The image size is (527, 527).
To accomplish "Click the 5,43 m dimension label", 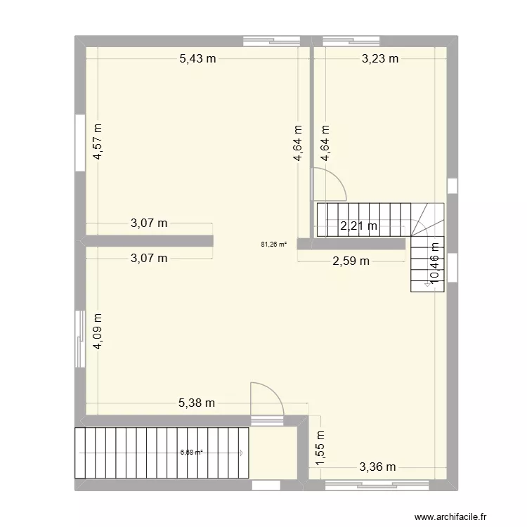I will [197, 59].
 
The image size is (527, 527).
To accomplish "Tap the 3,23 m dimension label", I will [380, 59].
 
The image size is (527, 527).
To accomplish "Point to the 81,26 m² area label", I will [273, 245].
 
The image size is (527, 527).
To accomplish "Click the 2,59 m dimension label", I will [351, 261].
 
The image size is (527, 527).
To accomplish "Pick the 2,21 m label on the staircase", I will [359, 226].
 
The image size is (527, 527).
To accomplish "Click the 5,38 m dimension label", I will [196, 403].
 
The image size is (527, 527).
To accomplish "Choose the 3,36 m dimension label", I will [378, 467].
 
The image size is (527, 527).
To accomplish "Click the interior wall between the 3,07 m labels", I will [148, 241].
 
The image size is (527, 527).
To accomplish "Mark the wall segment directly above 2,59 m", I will [351, 244].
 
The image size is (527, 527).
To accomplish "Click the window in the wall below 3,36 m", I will [377, 485].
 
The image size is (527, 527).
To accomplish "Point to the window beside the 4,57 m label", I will [80, 143].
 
